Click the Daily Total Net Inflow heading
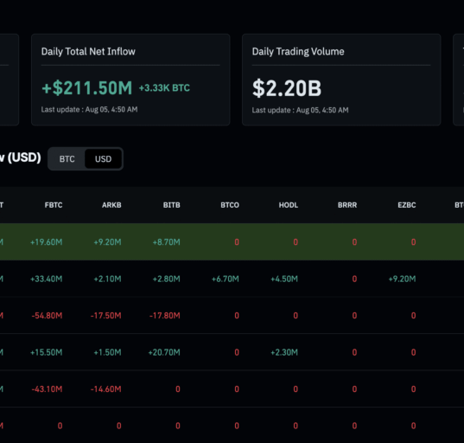[88, 52]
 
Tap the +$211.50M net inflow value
[87, 88]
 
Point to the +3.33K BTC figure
[164, 88]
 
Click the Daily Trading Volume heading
[298, 52]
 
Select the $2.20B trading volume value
[287, 88]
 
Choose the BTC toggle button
[67, 159]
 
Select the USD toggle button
[103, 159]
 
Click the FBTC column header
[54, 205]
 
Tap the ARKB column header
[111, 205]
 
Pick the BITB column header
[172, 205]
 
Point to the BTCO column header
[230, 205]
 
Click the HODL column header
[289, 205]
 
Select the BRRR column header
[347, 205]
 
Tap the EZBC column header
[407, 205]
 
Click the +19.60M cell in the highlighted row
[47, 242]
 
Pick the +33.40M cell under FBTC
[47, 279]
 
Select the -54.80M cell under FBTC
[47, 316]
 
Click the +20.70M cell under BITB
[164, 352]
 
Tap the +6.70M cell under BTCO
[226, 279]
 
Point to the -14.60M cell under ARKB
[106, 389]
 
